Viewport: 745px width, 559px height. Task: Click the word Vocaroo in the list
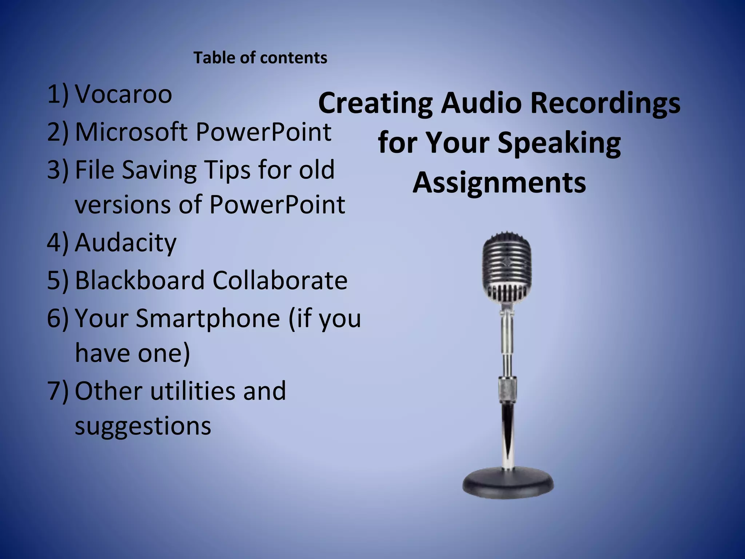tap(123, 94)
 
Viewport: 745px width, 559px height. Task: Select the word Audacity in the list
tap(126, 243)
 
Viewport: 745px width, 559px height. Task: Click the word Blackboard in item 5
tap(140, 280)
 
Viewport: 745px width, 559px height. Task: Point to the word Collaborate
tap(280, 280)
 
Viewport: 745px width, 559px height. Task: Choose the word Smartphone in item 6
tap(208, 318)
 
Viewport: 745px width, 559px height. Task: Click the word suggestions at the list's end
tap(143, 426)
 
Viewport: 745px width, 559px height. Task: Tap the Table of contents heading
tap(260, 58)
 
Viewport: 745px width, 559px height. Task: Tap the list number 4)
tap(57, 243)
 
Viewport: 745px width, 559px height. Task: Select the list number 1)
tap(57, 94)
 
